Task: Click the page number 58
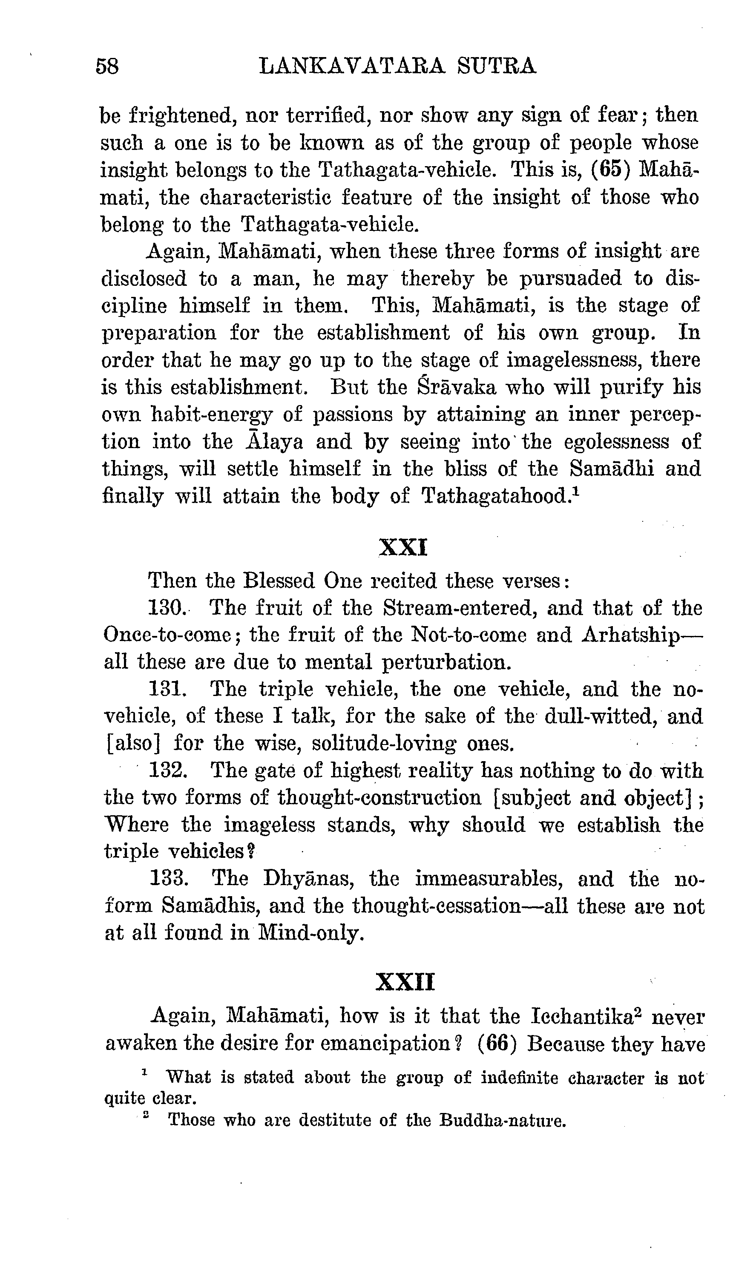pyautogui.click(x=107, y=66)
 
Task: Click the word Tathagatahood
pyautogui.click(x=496, y=497)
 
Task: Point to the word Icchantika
pyautogui.click(x=586, y=1016)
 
